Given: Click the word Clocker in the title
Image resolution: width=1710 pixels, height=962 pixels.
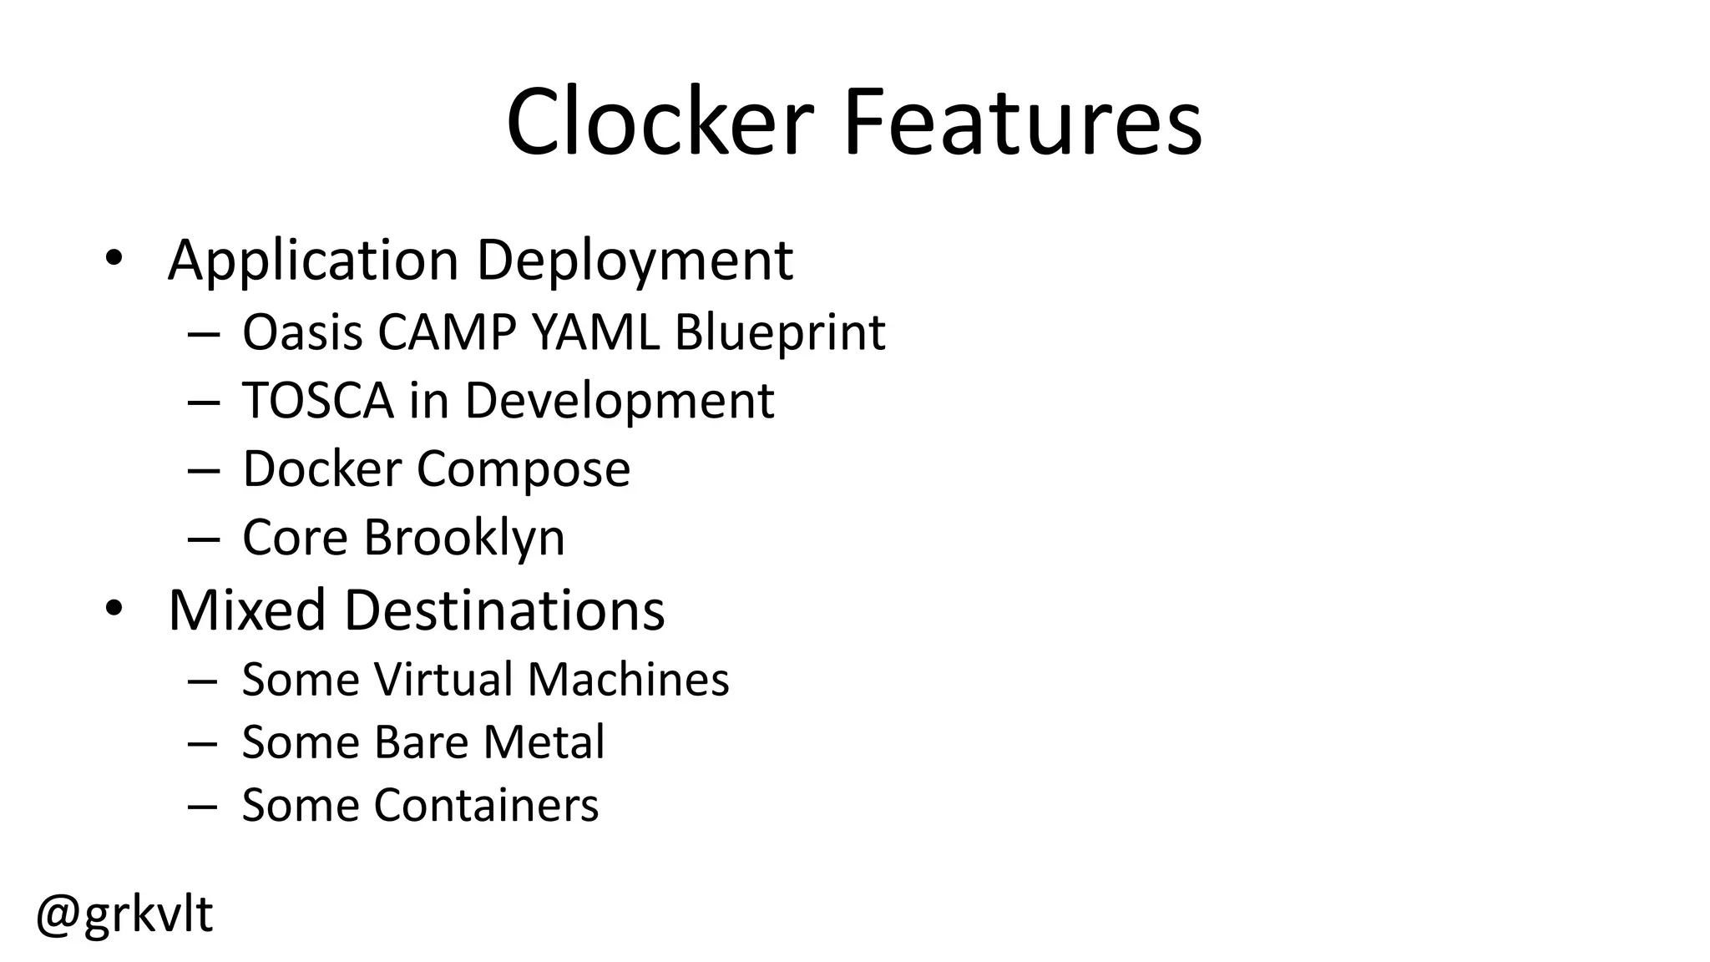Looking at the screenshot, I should tap(659, 122).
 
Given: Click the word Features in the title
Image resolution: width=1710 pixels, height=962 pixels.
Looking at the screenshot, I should tap(1023, 122).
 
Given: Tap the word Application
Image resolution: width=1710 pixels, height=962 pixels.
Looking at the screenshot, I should tap(313, 261).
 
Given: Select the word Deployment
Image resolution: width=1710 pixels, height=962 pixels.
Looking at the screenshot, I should tap(635, 261).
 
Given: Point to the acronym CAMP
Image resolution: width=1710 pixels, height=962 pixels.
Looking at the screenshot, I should tap(447, 332).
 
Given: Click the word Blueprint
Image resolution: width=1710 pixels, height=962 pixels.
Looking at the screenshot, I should tap(779, 332).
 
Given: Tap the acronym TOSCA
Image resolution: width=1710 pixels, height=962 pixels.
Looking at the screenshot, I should tap(318, 401).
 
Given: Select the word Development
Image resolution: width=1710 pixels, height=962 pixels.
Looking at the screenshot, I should tap(620, 401).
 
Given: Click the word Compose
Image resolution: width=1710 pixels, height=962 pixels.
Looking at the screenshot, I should tap(524, 469).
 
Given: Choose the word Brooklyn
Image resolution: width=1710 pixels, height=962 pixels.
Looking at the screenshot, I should tap(464, 537).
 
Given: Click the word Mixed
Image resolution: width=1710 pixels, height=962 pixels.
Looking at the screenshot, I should tap(247, 610).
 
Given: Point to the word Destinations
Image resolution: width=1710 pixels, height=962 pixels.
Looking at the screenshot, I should tap(504, 610).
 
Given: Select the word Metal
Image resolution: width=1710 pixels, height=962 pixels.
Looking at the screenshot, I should tap(544, 742).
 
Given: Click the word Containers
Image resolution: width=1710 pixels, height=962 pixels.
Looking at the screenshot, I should tap(486, 805).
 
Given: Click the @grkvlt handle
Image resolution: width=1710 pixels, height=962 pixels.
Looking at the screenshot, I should tap(124, 914).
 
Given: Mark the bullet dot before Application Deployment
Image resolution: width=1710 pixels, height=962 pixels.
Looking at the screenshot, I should tap(114, 257).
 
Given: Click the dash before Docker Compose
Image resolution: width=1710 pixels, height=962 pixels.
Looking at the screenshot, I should tap(204, 470).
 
